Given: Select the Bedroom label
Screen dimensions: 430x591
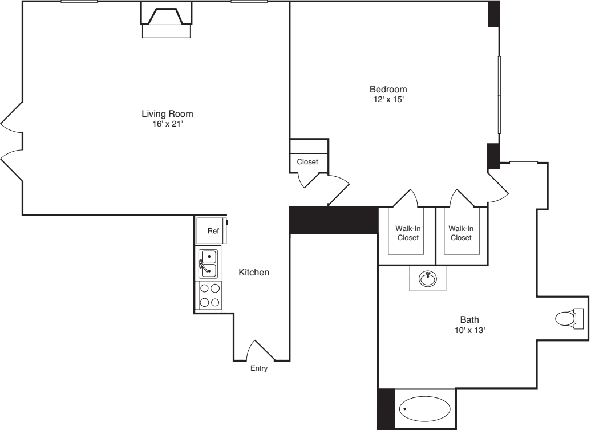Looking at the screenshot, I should point(388,89).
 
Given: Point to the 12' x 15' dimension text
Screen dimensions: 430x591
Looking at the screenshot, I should point(388,99).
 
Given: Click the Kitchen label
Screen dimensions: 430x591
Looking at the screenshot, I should point(253,273).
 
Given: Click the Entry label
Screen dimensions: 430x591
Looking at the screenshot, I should point(258,368).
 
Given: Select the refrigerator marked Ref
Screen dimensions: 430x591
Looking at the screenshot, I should point(212,231).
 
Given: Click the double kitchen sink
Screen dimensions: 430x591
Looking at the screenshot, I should point(208,263).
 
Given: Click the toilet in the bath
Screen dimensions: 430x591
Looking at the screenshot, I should point(568,318).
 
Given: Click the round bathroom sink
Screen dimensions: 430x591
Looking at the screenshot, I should point(427,278).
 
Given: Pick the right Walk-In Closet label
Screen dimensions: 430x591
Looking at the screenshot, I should point(460,233).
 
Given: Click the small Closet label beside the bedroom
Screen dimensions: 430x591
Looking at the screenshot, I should point(307,162).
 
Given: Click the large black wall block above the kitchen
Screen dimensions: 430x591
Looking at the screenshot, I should point(333,220).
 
